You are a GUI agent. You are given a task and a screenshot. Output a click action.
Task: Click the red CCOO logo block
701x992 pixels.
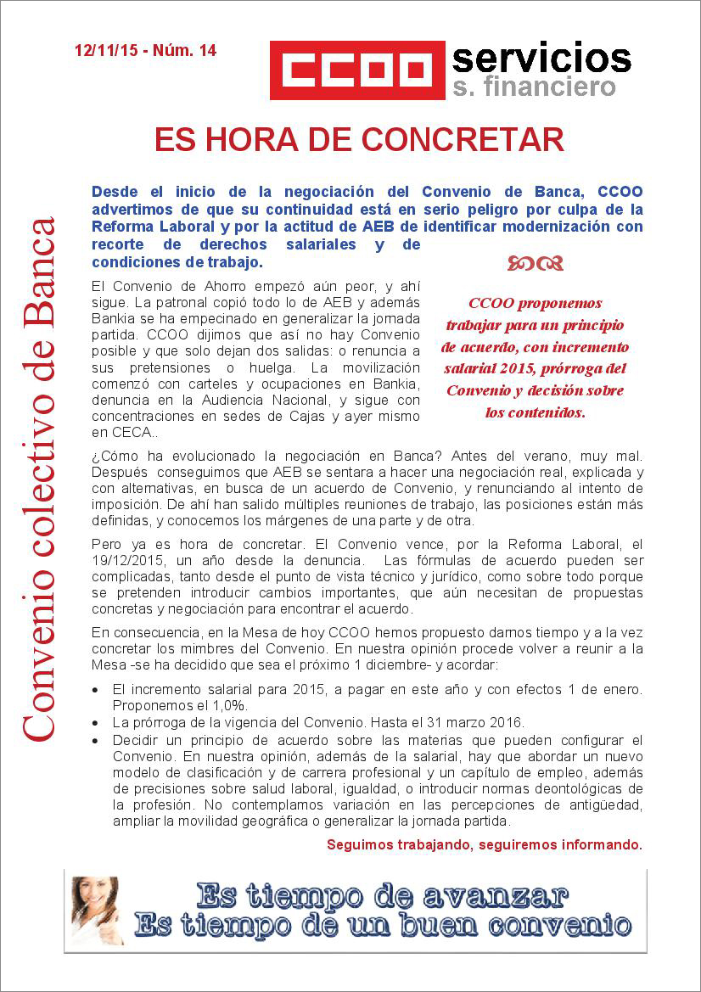coord(357,70)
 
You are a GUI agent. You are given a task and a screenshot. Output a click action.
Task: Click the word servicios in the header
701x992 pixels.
coord(541,58)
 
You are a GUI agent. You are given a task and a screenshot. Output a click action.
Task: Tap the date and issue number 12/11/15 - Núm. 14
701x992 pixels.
coord(145,51)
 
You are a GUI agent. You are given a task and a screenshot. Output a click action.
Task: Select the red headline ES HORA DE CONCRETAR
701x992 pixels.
coord(359,140)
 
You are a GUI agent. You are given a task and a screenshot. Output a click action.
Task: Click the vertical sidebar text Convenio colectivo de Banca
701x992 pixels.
coord(39,479)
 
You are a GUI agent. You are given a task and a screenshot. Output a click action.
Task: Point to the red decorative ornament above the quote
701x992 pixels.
coord(536,264)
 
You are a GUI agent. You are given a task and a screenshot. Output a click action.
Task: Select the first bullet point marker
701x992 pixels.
coord(96,691)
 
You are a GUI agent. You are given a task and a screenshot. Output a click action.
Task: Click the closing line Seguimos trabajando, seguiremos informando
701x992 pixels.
coord(484,844)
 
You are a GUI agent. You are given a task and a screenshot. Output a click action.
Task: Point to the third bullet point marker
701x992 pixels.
coord(96,740)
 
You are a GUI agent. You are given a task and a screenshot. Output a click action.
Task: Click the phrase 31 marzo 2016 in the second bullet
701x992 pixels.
coord(480,723)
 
